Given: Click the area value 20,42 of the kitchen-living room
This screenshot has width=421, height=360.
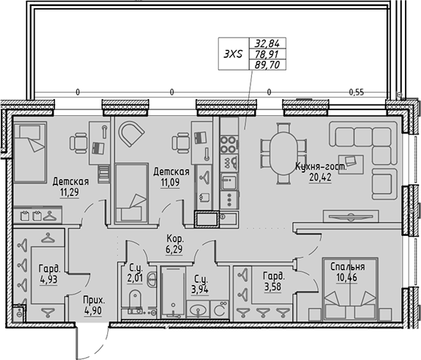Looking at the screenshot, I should pos(317,176).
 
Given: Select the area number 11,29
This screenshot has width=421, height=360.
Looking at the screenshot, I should pos(71,193).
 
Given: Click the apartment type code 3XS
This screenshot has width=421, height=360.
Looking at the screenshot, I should pos(234,54).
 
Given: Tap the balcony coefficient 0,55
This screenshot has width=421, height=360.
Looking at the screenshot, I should pos(356,93).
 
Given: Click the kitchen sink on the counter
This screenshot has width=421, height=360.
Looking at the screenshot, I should pos(205,218).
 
